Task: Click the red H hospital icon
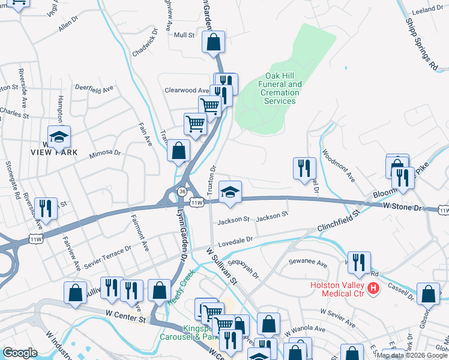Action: (x=373, y=289)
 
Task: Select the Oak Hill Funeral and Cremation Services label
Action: (x=280, y=89)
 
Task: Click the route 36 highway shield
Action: (x=181, y=191)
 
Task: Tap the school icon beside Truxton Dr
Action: (x=230, y=192)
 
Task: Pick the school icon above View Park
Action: (x=59, y=137)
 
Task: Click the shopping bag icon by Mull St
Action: (x=213, y=43)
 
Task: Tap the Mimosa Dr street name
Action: (x=105, y=153)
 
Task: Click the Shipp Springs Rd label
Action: (x=421, y=35)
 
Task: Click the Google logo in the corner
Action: (x=20, y=353)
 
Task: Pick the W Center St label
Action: (x=125, y=314)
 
